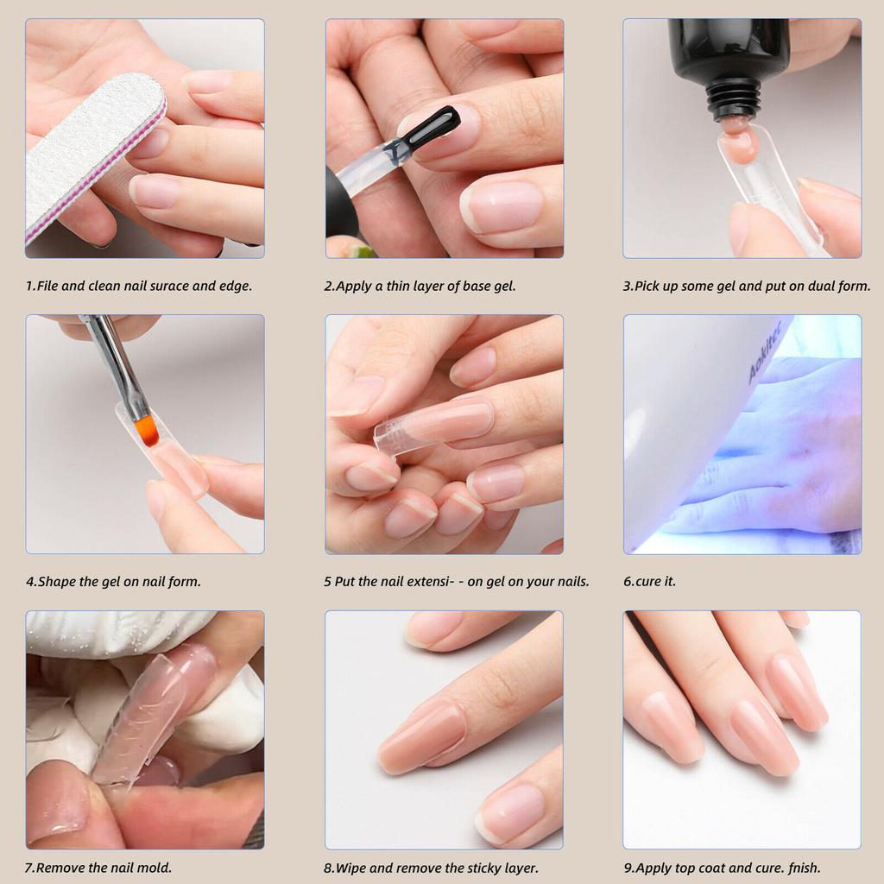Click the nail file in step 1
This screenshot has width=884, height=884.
[91, 155]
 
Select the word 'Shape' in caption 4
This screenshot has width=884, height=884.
[57, 582]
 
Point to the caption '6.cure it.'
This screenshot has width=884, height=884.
[649, 582]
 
